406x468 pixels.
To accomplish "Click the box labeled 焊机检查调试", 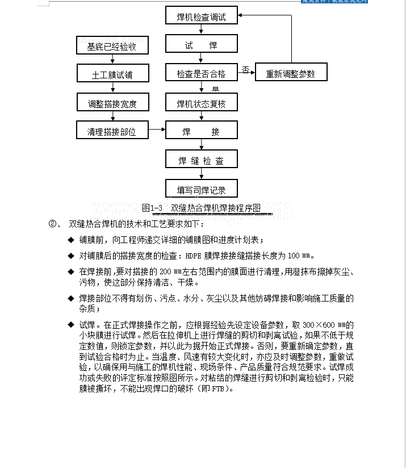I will (202, 17).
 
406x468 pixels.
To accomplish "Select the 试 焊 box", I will (202, 45).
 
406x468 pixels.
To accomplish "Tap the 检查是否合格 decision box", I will (202, 73).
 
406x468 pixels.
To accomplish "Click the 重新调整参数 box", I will (290, 73).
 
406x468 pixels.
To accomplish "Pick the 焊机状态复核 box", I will (202, 103).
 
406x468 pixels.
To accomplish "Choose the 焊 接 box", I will (202, 132).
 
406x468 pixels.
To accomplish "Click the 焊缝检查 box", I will (202, 161).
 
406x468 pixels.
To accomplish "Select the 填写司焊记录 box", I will (202, 190).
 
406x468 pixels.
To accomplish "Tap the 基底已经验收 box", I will (112, 45).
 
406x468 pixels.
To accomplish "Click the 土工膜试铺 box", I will (112, 74).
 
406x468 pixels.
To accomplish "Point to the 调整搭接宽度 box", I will (112, 104).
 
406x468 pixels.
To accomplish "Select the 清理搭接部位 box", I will (112, 132).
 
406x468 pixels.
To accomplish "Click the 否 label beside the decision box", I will (245, 69).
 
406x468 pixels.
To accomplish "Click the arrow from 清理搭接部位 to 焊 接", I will (157, 131).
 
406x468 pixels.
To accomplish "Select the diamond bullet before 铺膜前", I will (71, 240).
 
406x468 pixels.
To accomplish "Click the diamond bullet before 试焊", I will (71, 325).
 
